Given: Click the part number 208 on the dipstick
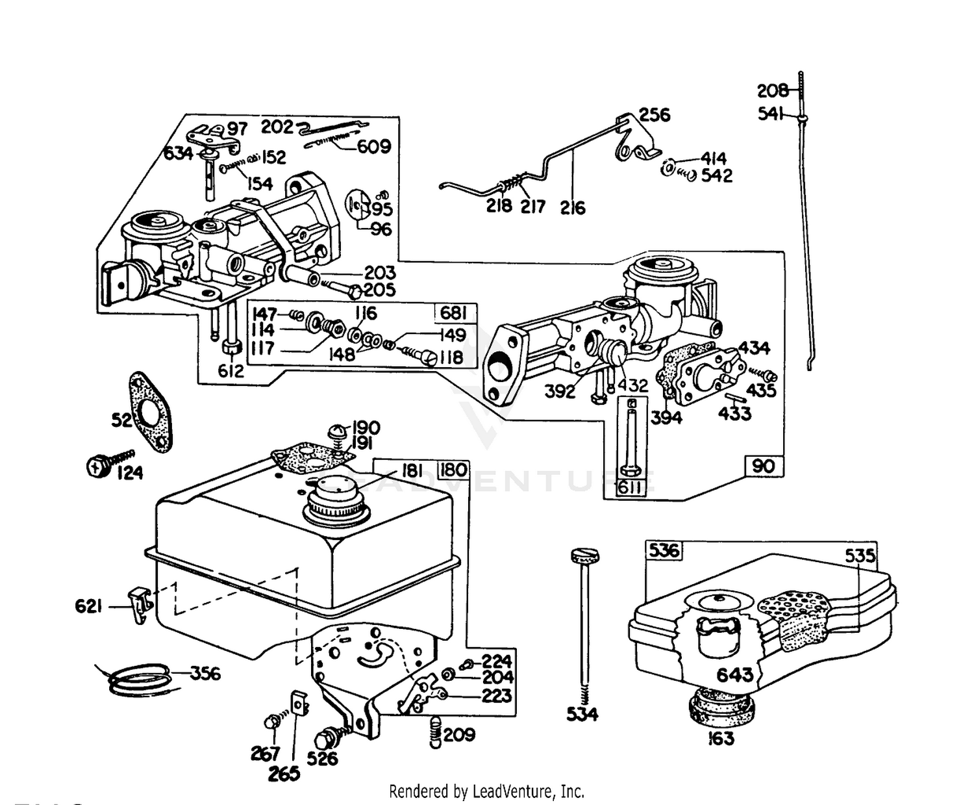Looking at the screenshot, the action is (x=772, y=90).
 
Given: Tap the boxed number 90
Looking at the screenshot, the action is (x=763, y=466).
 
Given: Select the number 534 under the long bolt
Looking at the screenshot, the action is (x=582, y=714).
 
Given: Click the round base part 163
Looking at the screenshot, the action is (x=721, y=711).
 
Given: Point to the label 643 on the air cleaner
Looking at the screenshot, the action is (x=734, y=674).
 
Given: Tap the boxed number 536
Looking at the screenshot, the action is (x=664, y=550).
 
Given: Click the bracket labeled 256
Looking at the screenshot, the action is (x=638, y=138).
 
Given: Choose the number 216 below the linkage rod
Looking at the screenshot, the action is (x=572, y=208).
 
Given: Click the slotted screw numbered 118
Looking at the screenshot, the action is (x=419, y=357).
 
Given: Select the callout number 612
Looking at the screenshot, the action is (x=231, y=371).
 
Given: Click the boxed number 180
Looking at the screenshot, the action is (x=453, y=470).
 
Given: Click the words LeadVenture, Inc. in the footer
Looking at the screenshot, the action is (x=528, y=791).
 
